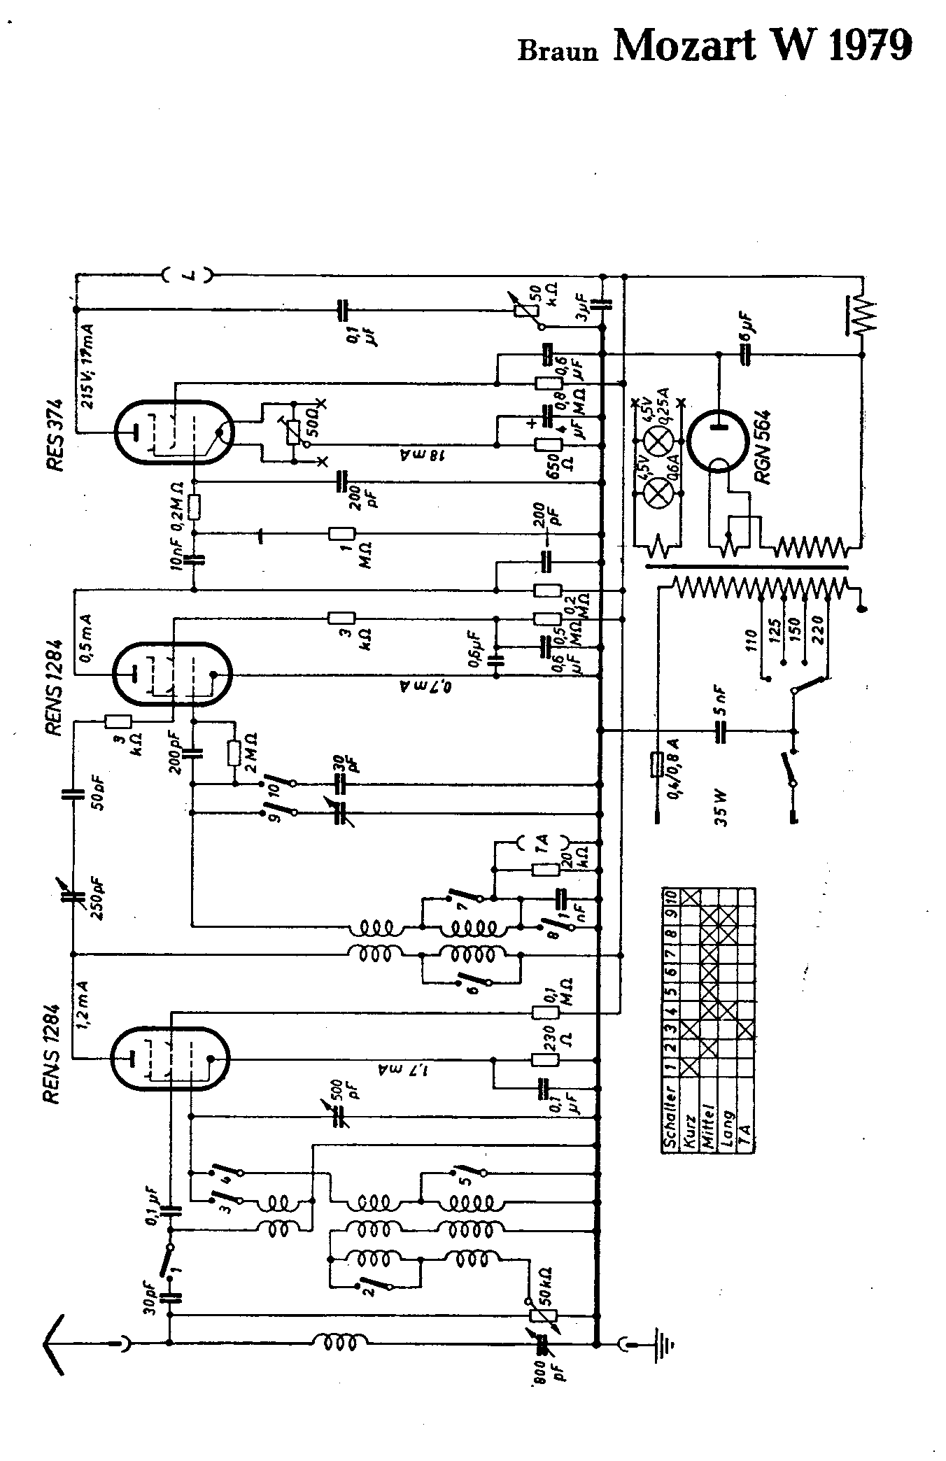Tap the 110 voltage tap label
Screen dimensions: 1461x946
[x=751, y=641]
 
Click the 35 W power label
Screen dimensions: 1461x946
[x=722, y=807]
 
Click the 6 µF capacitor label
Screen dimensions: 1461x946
[x=747, y=327]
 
